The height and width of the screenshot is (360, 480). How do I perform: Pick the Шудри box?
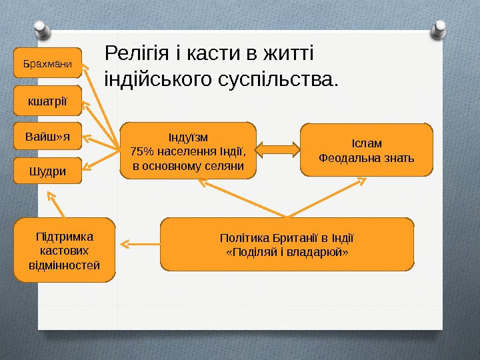coord(47,171)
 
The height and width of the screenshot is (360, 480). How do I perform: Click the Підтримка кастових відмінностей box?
coord(65,251)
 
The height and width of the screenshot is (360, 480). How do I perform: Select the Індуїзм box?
coord(188,151)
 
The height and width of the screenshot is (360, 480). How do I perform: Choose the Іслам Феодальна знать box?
coord(366,150)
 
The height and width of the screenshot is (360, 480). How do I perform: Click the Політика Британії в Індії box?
coord(287,245)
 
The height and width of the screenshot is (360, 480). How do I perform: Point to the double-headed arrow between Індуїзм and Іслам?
coord(279,149)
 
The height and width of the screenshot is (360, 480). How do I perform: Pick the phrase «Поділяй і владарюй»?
coord(287,253)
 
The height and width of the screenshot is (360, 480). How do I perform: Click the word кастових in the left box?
coord(65,251)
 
